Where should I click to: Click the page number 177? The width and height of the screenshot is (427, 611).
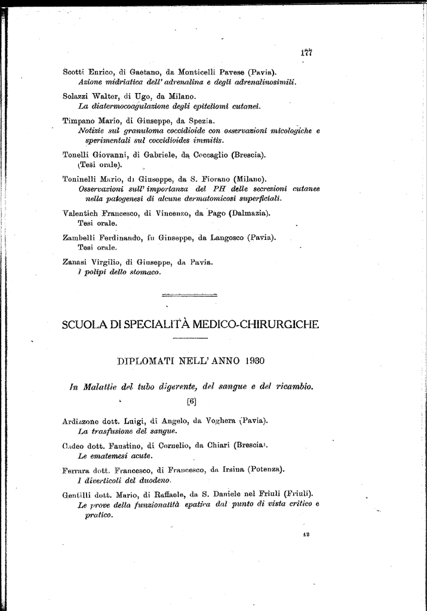[306, 52]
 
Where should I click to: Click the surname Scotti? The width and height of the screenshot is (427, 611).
[73, 72]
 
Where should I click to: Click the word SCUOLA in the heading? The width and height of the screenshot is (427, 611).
[86, 325]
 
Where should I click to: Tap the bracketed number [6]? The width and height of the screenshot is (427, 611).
[191, 402]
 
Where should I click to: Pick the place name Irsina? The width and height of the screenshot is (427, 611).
[236, 470]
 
